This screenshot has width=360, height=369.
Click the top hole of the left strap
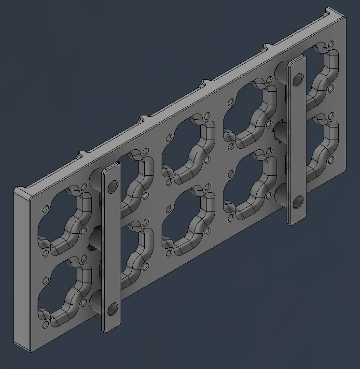click(x=113, y=185)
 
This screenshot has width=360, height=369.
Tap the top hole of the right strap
click(x=298, y=79)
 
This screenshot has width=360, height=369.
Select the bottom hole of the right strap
click(x=298, y=202)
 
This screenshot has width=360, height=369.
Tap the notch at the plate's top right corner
click(x=330, y=11)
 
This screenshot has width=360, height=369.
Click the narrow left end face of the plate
click(x=22, y=270)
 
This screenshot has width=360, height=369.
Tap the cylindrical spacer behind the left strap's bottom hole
click(x=97, y=303)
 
